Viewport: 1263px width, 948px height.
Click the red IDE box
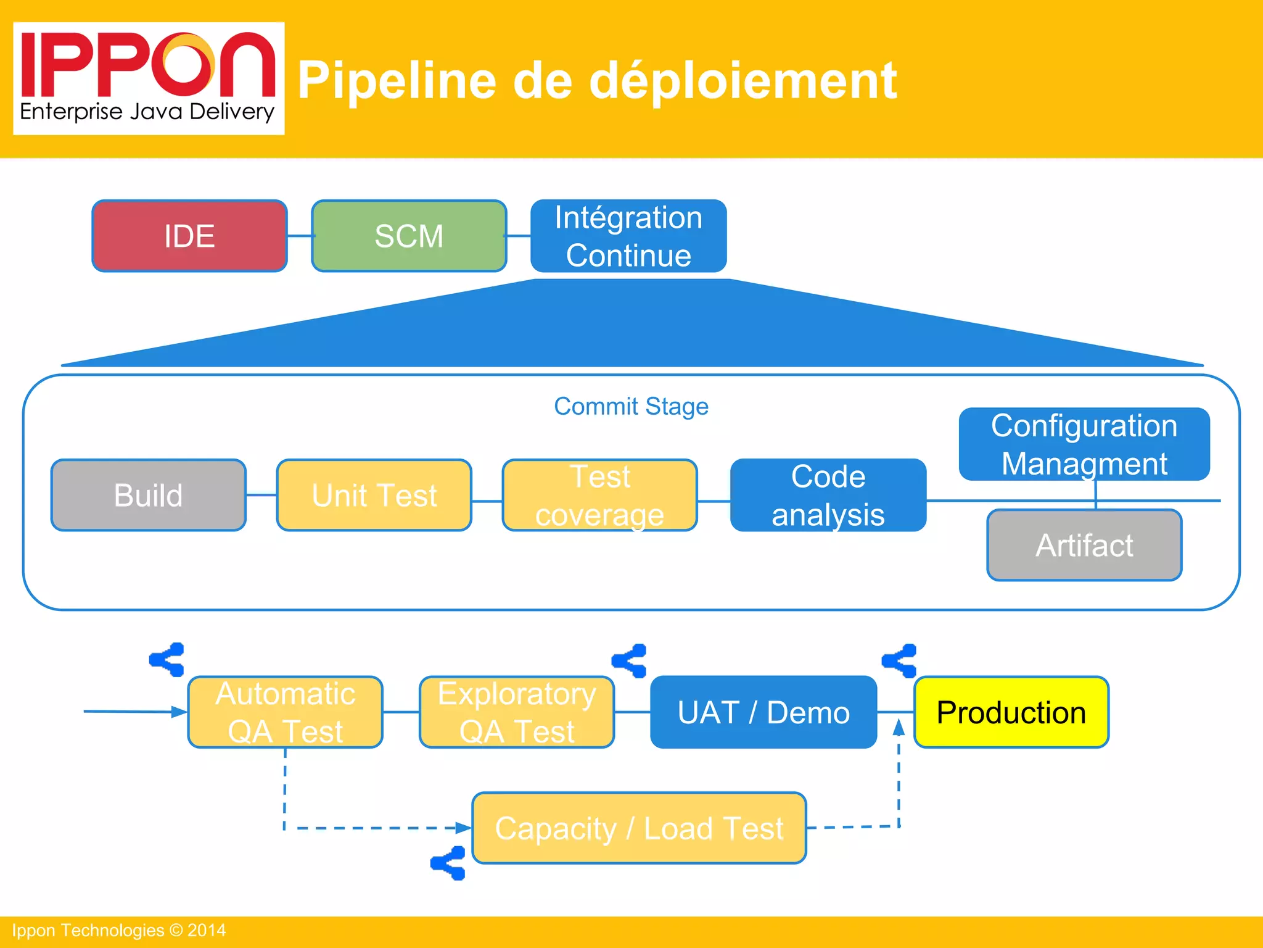tap(189, 236)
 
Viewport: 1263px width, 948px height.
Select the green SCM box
tap(409, 236)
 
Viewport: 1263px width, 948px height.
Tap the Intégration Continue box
tap(628, 236)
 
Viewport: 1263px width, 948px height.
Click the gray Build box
tap(149, 495)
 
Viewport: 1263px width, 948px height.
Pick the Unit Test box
tap(374, 495)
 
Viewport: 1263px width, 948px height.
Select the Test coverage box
tap(600, 495)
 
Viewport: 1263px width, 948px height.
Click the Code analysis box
tap(828, 495)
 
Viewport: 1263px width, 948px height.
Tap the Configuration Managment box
tap(1084, 444)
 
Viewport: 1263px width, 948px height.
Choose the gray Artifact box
tap(1084, 545)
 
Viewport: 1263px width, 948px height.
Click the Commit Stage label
tap(631, 406)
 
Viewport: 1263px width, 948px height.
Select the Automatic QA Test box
tap(286, 712)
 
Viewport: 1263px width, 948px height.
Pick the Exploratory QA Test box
tap(517, 712)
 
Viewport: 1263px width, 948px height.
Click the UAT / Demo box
tap(763, 712)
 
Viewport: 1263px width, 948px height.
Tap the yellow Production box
tap(1011, 712)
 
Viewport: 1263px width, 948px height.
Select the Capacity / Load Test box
tap(639, 828)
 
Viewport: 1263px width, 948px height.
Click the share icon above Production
tap(900, 661)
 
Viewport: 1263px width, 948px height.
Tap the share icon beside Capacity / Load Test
tap(448, 863)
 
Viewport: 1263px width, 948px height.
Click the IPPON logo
tap(149, 78)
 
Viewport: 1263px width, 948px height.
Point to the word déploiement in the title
tap(743, 80)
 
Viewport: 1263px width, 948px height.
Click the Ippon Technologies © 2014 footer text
tap(119, 930)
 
